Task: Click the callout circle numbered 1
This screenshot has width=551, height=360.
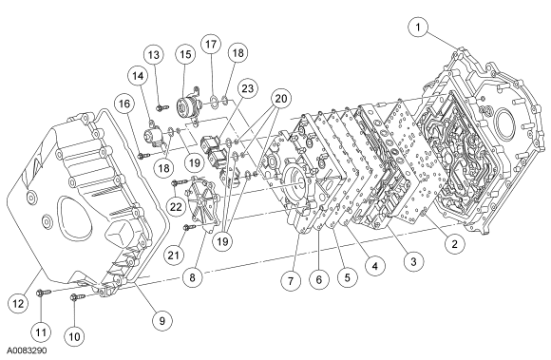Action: point(418,27)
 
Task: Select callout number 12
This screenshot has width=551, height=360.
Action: point(18,303)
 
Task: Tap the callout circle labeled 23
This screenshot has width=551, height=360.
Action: point(247,88)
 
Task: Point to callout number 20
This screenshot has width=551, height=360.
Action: point(281,99)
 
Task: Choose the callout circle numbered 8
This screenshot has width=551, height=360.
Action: point(192,277)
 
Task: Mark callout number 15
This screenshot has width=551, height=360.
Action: point(185,54)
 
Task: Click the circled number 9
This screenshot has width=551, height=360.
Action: point(162,320)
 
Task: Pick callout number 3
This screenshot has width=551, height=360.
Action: point(413,261)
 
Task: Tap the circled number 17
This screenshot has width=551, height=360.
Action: point(211,45)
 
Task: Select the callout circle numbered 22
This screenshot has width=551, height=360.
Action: point(176,206)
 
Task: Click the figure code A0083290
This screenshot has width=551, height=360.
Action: point(28,351)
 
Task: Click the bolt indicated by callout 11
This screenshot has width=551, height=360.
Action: point(44,292)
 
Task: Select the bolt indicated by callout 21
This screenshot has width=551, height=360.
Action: point(189,228)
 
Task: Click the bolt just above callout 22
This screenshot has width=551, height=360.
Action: point(180,182)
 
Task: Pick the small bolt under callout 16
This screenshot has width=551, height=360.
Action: point(143,155)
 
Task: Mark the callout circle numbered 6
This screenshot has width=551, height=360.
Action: point(318,279)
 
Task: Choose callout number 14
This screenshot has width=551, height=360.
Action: point(138,75)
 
